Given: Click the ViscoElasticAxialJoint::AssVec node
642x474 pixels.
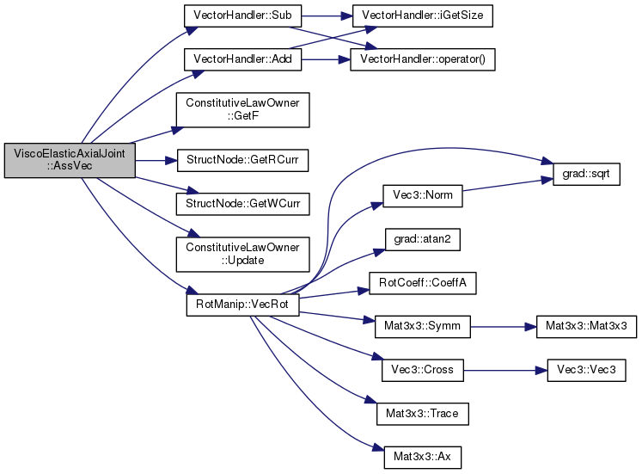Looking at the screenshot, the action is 70,160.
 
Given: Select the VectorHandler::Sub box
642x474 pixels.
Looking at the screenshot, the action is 243,16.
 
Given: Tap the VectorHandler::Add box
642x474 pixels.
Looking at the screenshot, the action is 243,59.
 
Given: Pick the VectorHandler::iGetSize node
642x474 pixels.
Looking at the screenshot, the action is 423,16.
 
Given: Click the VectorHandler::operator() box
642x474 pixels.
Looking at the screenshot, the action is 423,59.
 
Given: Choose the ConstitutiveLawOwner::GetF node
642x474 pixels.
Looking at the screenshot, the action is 243,110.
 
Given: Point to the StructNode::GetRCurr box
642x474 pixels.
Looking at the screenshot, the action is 243,160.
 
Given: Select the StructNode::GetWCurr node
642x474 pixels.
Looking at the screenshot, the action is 243,204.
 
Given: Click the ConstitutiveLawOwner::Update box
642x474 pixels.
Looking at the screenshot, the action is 243,255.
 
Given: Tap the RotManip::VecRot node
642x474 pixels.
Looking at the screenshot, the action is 243,305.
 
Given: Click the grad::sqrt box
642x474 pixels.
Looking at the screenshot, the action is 586,174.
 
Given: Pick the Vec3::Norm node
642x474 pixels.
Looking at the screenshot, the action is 423,196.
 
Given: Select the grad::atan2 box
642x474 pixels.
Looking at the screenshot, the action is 423,240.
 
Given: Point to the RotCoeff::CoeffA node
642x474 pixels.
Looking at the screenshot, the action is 423,283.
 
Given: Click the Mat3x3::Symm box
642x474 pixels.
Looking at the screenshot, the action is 423,327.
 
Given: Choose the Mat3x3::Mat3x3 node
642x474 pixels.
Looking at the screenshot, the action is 586,327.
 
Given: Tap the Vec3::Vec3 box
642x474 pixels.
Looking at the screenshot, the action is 586,371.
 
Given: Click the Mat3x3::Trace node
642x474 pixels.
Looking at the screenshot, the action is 423,414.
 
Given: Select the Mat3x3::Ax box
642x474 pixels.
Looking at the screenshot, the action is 423,457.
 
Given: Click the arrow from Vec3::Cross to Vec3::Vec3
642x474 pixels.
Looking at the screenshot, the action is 505,371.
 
